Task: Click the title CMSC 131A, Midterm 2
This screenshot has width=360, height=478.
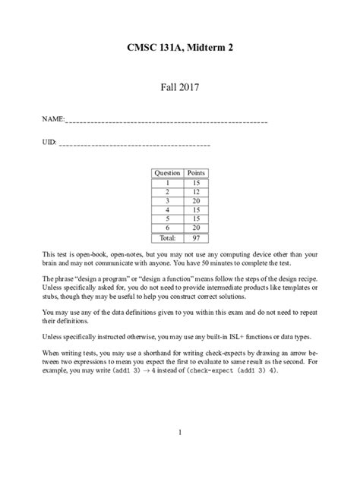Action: click(x=179, y=49)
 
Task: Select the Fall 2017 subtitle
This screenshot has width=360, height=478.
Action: click(x=179, y=89)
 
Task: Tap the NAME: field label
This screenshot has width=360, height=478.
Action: click(x=53, y=120)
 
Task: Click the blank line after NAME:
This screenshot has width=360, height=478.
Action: click(x=167, y=121)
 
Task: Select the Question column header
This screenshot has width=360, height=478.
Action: click(x=167, y=173)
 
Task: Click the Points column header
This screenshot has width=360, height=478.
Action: click(x=196, y=173)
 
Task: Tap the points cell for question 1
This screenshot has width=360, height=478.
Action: click(x=196, y=182)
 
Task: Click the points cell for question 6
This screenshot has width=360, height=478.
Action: click(x=196, y=228)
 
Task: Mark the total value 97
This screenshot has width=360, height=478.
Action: click(x=196, y=237)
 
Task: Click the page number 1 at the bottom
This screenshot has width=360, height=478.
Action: click(x=179, y=432)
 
